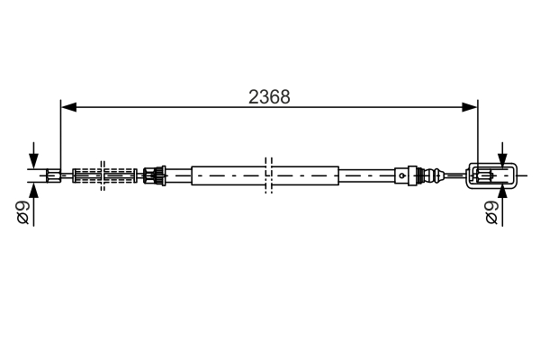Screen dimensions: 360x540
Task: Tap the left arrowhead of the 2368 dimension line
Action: click(67, 107)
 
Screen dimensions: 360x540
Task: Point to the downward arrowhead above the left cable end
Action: click(34, 162)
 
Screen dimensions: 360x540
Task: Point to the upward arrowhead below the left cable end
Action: click(34, 188)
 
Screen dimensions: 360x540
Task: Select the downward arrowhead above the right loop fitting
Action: click(502, 160)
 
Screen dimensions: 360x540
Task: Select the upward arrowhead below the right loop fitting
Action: click(502, 190)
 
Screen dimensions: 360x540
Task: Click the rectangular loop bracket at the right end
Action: click(491, 175)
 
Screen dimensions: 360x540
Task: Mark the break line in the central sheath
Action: click(267, 175)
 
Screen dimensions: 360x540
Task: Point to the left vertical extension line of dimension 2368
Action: click(60, 135)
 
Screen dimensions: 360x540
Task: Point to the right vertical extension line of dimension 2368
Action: click(477, 135)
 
